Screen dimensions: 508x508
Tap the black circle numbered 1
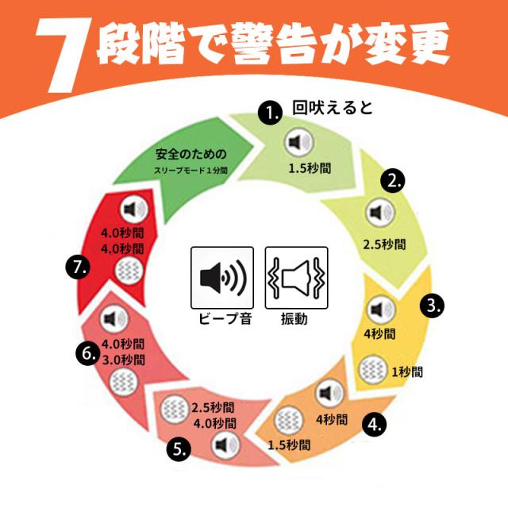[x=270, y=113]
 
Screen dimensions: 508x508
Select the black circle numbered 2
[x=393, y=180]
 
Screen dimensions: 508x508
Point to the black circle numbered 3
[x=432, y=305]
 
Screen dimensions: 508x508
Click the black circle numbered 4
[x=374, y=424]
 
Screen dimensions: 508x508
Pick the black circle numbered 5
[x=179, y=448]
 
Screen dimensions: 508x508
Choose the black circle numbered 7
[x=77, y=267]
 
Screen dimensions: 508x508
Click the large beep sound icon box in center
[x=222, y=278]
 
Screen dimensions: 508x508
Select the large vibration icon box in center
[x=296, y=278]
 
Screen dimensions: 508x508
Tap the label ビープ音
[x=225, y=319]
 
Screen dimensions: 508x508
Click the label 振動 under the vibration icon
[x=294, y=319]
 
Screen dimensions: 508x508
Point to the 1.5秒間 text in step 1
[x=310, y=168]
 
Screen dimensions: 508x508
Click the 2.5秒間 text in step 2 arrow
[x=384, y=244]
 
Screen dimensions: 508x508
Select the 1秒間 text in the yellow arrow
[x=407, y=371]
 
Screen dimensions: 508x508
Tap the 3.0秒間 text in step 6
[x=123, y=360]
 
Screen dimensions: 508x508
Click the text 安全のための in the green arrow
[x=191, y=154]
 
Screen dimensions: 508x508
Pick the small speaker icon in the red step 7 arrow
[x=134, y=210]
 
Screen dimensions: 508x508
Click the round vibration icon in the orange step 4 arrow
[x=288, y=420]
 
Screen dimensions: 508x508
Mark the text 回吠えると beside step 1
[x=333, y=108]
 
